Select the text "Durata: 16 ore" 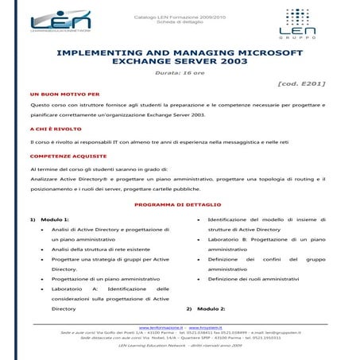point(180,72)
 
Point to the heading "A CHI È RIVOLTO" point(55,127)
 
